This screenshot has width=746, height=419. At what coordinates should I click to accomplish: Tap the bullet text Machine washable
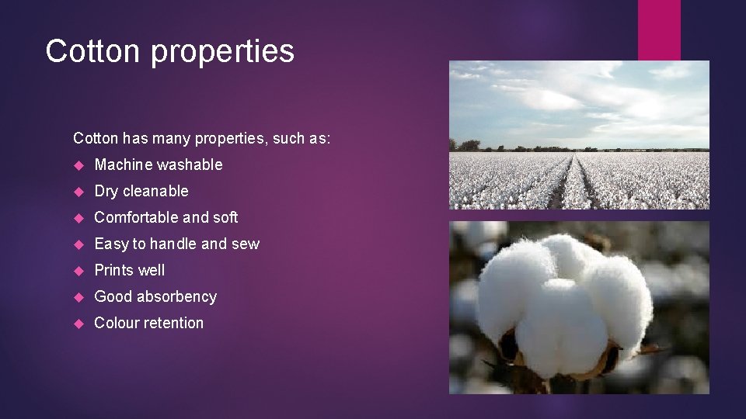(158, 164)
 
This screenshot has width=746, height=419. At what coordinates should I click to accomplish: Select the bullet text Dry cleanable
(141, 191)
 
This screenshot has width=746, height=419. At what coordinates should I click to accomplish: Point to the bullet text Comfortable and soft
(166, 217)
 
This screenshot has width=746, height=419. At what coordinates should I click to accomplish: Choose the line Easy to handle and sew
(176, 244)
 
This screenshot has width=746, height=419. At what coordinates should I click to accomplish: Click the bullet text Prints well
(129, 270)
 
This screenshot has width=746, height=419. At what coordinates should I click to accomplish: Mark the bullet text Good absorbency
(155, 296)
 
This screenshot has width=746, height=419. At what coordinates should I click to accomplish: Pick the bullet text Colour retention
(148, 323)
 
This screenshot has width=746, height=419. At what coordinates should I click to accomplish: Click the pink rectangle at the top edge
(659, 29)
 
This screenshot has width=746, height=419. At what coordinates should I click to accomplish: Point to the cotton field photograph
(579, 135)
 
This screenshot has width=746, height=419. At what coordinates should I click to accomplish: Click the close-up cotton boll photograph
(579, 307)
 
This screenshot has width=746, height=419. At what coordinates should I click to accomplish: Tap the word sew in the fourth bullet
(246, 244)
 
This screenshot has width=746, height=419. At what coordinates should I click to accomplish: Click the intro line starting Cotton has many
(201, 138)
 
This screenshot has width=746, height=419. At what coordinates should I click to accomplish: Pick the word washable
(190, 164)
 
